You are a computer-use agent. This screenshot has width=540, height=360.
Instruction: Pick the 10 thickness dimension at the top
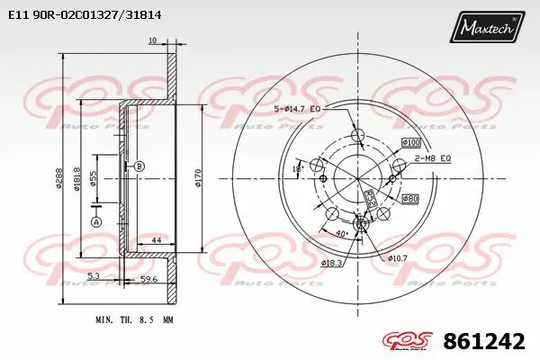pyautogui.click(x=152, y=40)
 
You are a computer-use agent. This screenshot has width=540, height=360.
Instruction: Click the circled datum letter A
pyautogui.click(x=96, y=221)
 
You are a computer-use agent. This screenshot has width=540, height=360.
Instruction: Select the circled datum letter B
pyautogui.click(x=139, y=166)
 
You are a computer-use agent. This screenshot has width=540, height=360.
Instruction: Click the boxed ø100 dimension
pyautogui.click(x=410, y=142)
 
